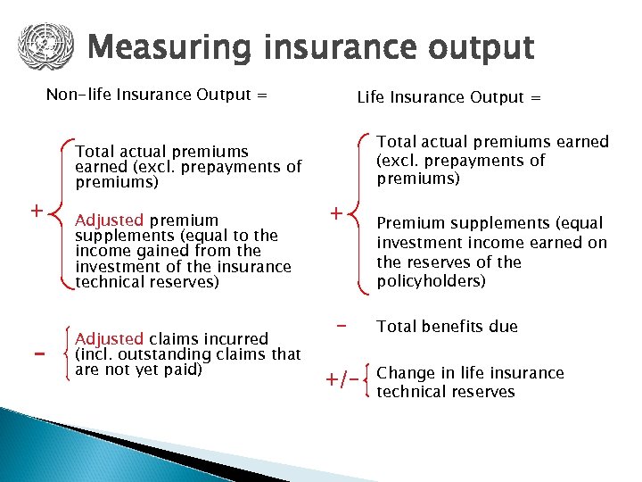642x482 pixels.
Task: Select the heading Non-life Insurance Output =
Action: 156,95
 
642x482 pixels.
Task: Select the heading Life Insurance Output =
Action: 449,97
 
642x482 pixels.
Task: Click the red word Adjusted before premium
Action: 109,220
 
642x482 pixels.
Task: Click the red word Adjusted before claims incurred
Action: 109,338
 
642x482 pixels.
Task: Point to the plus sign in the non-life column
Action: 36,212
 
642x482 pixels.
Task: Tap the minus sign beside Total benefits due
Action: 341,326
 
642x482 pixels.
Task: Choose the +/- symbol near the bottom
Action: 345,382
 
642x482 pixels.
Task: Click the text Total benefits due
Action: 447,327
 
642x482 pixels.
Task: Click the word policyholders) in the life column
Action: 431,281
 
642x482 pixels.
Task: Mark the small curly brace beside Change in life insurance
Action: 369,382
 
